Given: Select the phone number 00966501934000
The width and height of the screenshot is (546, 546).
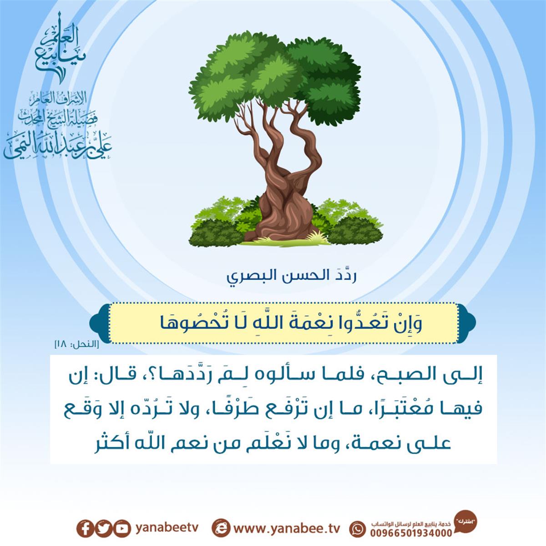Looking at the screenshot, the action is [x=411, y=533].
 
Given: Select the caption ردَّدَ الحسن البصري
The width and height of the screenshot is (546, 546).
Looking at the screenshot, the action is [x=291, y=277].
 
